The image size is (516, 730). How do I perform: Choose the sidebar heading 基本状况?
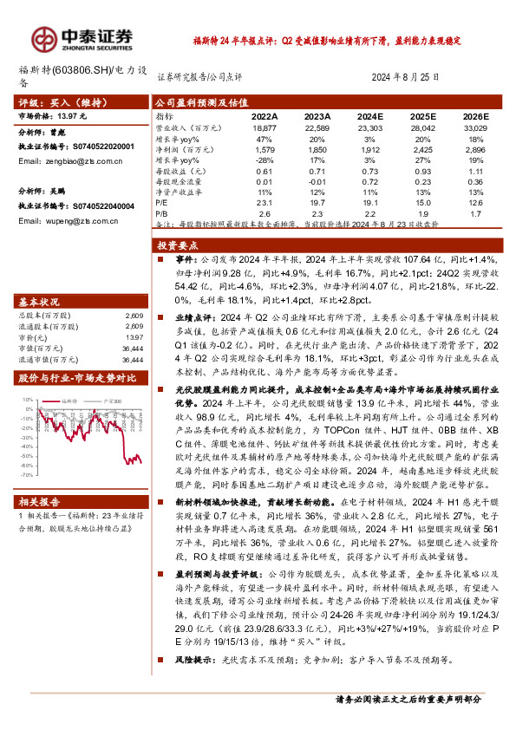(39, 302)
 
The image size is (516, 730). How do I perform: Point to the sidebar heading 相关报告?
(39, 501)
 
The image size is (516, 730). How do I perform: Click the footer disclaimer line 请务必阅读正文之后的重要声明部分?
(420, 699)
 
